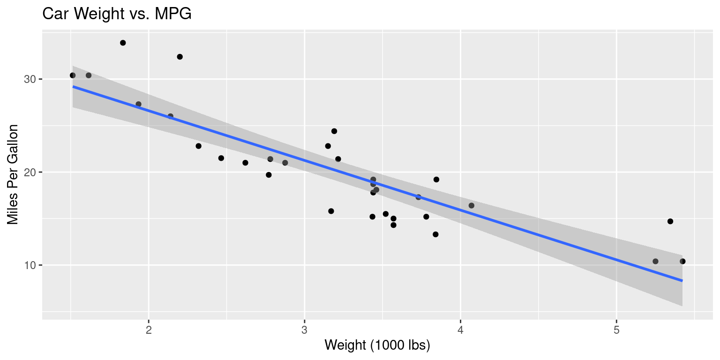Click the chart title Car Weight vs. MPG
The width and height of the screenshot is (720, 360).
[117, 14]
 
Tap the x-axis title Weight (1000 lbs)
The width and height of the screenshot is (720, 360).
[377, 345]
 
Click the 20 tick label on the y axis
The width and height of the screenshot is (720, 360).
[30, 172]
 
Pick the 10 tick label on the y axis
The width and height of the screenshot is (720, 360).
[30, 265]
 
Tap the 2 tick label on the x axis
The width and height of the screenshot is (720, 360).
[149, 330]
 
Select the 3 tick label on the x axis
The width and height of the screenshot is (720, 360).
[305, 330]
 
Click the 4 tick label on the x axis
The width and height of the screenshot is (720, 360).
[460, 330]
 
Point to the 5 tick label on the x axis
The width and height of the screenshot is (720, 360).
[616, 330]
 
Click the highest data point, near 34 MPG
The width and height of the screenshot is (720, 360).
[123, 43]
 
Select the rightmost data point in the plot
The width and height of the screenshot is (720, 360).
[682, 261]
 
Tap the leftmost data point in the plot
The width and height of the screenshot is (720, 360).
[73, 75]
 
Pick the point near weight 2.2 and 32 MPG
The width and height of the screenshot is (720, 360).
[180, 57]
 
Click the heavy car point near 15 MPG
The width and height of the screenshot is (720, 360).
[670, 221]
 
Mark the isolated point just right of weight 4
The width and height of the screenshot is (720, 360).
[472, 205]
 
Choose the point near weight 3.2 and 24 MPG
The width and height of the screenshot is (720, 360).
[334, 131]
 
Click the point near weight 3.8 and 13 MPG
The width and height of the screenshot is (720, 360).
[435, 234]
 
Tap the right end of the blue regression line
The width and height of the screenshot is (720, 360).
[682, 280]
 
